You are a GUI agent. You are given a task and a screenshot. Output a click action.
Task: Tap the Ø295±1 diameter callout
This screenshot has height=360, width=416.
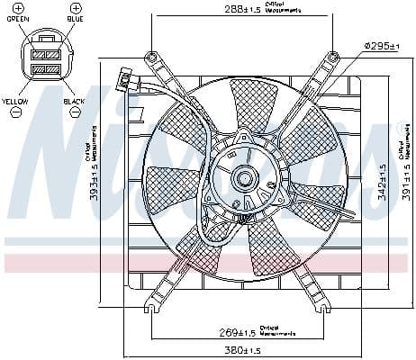[x=381, y=45]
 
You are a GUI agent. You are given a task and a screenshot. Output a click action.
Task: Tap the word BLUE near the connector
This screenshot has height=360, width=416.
[x=77, y=17]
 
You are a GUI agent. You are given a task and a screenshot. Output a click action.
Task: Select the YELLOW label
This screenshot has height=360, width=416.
[x=15, y=102]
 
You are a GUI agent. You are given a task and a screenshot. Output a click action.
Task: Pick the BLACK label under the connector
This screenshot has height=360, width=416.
[x=74, y=102]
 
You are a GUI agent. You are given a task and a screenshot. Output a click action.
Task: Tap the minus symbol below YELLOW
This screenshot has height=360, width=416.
[x=15, y=113]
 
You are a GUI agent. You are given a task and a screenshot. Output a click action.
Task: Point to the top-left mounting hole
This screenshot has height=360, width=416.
[x=153, y=58]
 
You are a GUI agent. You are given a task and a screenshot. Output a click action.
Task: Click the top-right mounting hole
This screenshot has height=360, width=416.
[x=333, y=58]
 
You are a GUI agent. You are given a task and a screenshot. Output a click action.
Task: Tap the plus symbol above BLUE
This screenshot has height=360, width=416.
[x=76, y=6]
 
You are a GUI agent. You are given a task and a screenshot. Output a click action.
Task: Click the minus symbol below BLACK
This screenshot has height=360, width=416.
[x=74, y=113]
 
